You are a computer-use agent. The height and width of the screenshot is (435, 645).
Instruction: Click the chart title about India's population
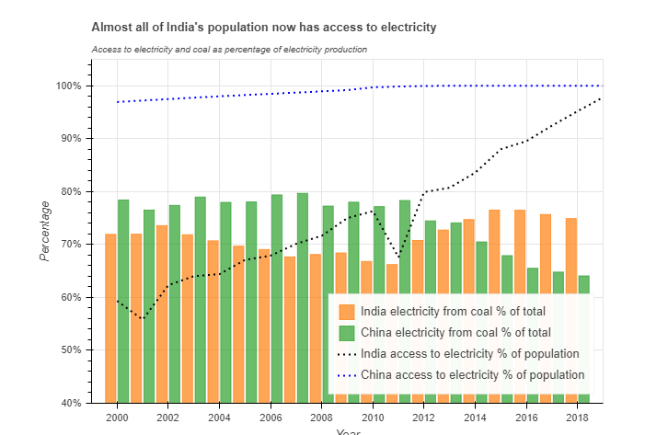pyautogui.click(x=264, y=28)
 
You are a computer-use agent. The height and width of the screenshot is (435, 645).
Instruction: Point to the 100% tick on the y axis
pyautogui.click(x=69, y=86)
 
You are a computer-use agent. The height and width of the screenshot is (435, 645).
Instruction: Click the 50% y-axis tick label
pyautogui.click(x=71, y=350)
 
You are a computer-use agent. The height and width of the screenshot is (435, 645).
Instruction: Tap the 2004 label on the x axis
pyautogui.click(x=219, y=417)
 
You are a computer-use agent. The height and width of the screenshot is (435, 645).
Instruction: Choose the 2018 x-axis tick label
pyautogui.click(x=577, y=417)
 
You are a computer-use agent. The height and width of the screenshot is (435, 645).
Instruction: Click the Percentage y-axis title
pyautogui.click(x=44, y=230)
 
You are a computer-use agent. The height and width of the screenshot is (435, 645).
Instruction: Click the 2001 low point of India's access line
pyautogui.click(x=143, y=318)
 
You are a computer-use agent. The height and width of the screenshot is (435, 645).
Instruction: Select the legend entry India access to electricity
pyautogui.click(x=469, y=353)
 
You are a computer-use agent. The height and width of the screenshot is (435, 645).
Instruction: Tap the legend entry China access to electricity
pyautogui.click(x=472, y=374)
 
